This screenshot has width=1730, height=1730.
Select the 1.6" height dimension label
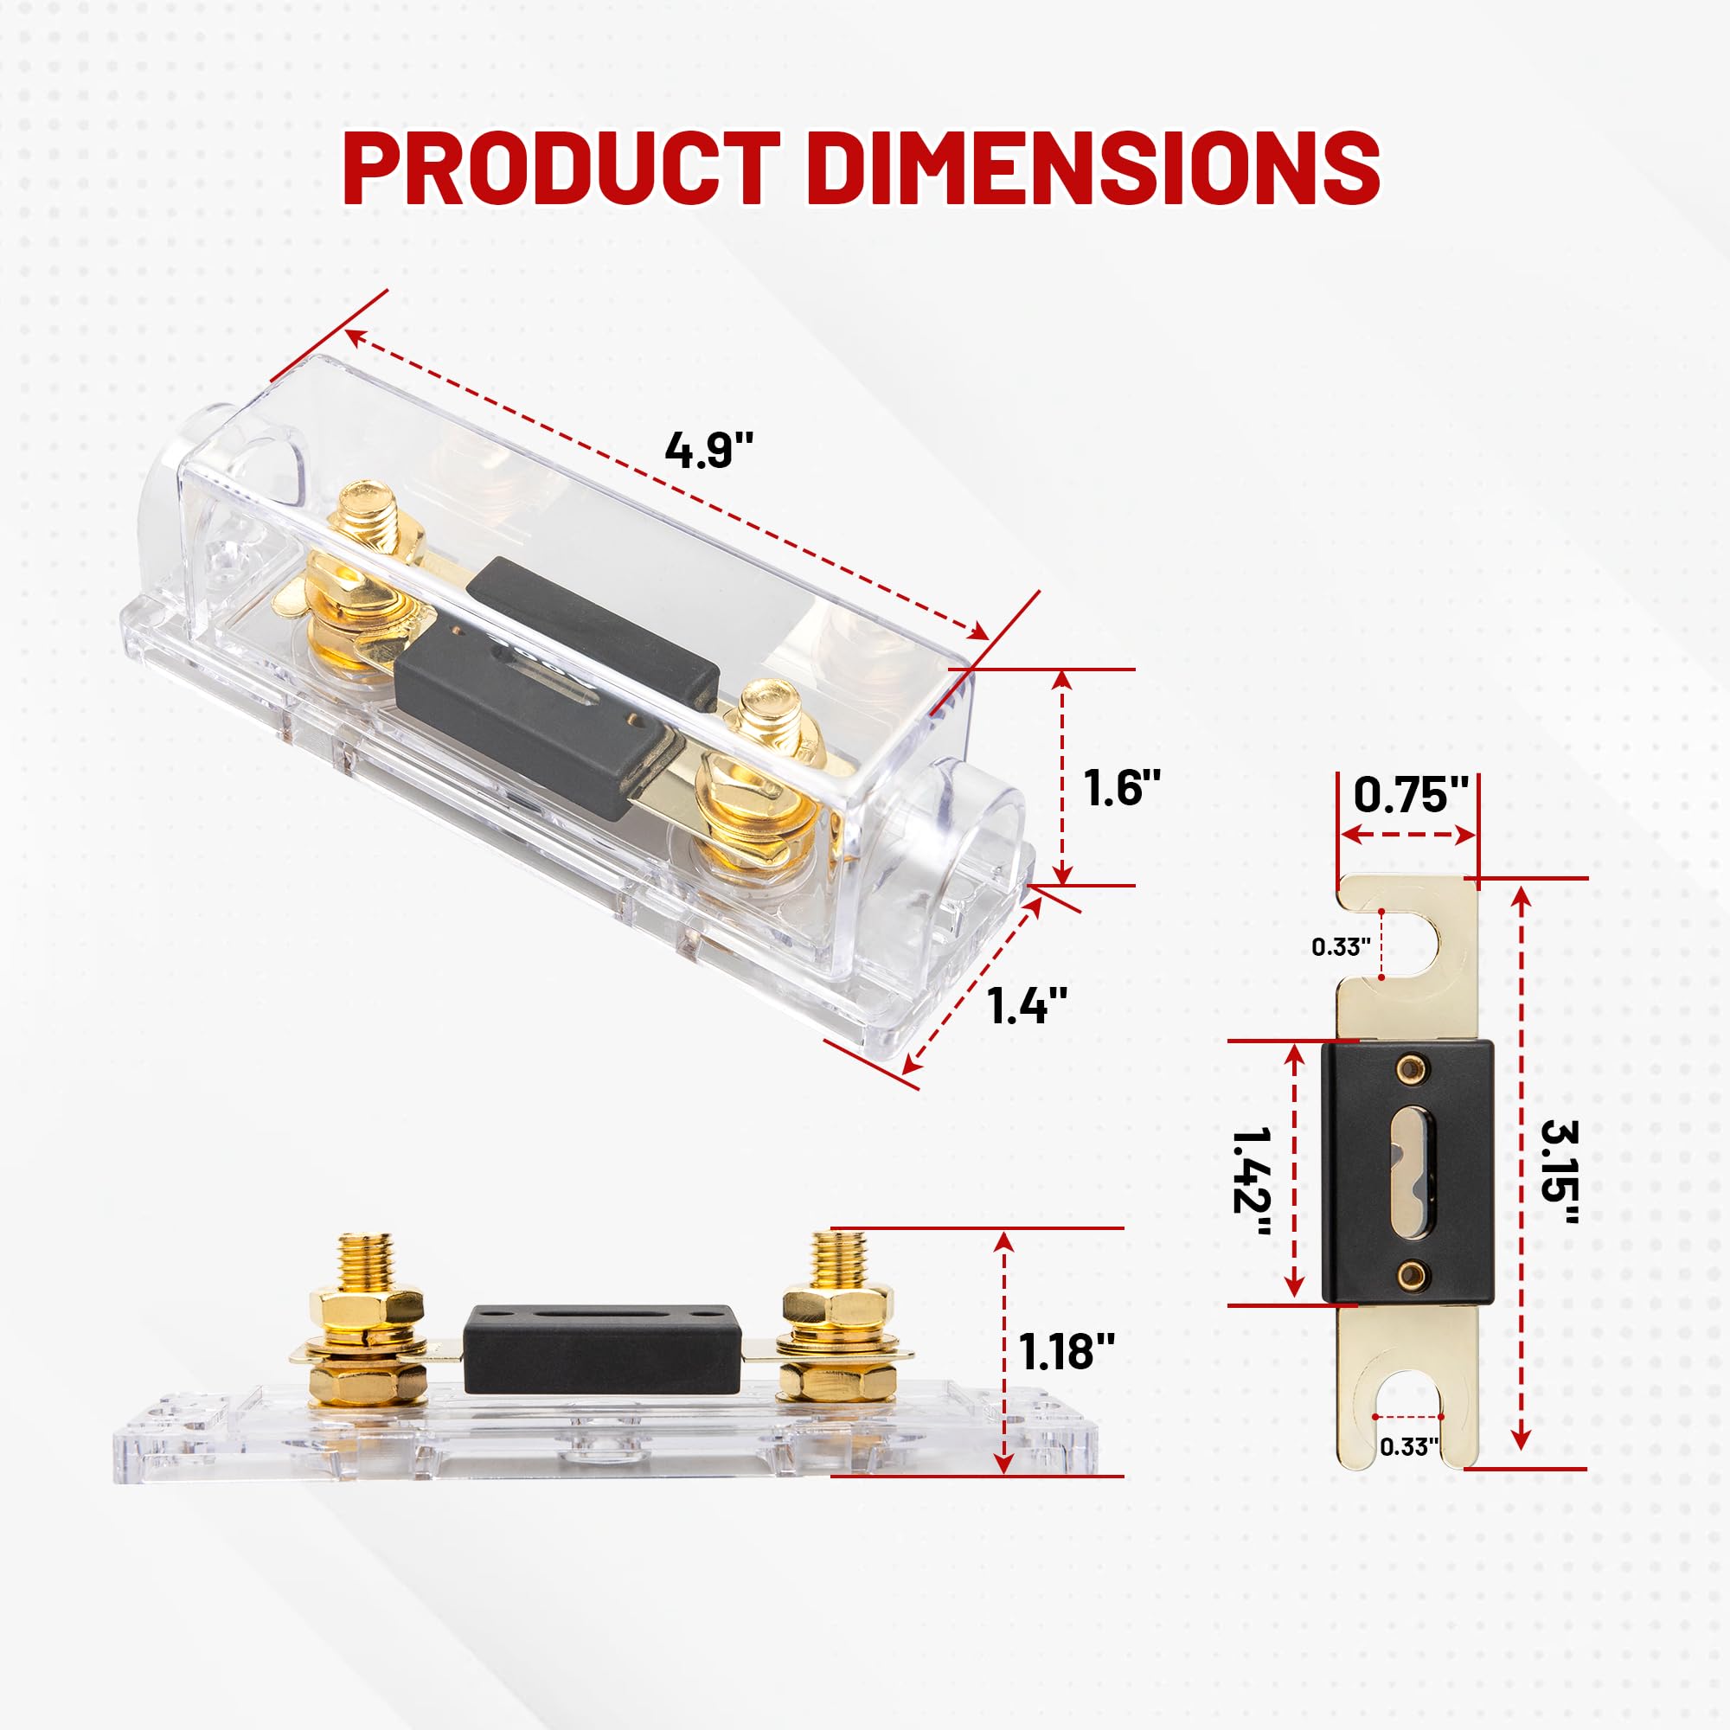[x=1121, y=787]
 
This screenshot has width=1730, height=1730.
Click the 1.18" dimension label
[x=1067, y=1351]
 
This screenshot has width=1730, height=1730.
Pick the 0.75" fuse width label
[x=1411, y=793]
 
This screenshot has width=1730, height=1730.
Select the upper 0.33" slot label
[x=1342, y=946]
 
